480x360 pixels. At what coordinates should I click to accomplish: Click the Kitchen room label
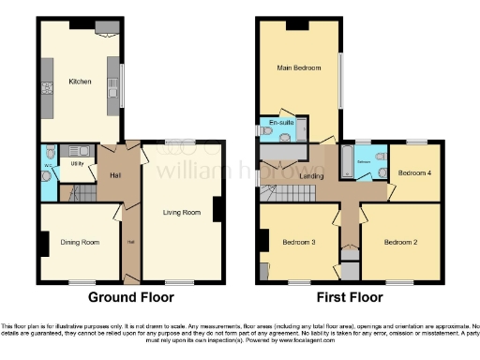(80, 82)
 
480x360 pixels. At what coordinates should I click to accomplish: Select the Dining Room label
(80, 242)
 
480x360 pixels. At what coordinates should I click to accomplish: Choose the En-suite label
(279, 123)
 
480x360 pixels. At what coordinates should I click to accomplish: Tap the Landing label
(312, 174)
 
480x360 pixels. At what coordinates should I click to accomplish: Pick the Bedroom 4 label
(413, 173)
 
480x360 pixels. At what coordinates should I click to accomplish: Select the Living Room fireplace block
(218, 210)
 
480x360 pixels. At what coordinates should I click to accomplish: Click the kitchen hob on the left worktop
(46, 91)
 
